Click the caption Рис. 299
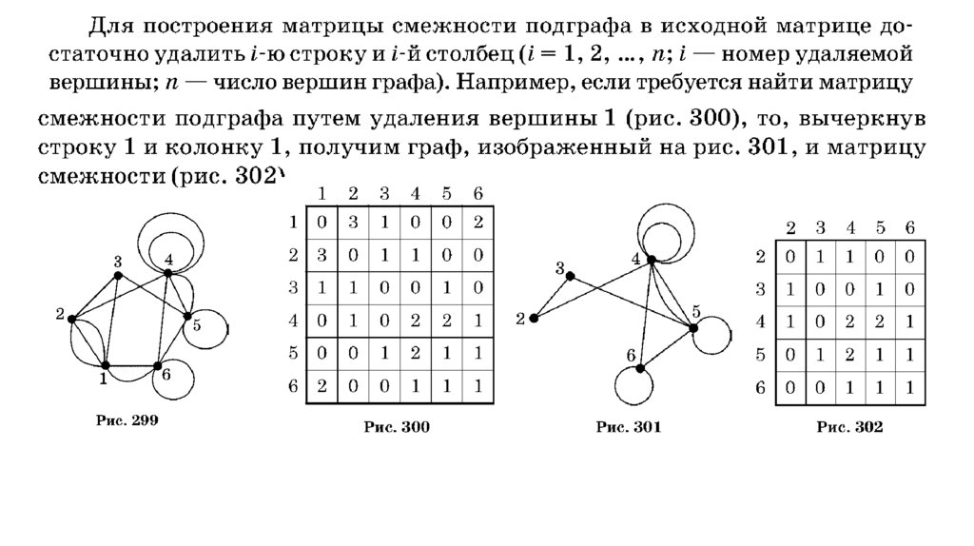click(126, 419)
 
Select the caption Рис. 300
click(397, 428)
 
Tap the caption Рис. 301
click(629, 428)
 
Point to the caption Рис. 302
click(849, 428)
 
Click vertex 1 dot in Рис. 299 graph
click(106, 365)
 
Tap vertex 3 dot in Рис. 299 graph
click(118, 275)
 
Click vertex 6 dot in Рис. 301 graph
click(641, 366)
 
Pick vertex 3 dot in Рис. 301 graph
click(571, 276)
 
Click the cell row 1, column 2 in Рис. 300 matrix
click(353, 224)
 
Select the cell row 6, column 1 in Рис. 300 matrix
click(321, 386)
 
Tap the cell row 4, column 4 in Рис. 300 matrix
click(415, 321)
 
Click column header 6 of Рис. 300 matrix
click(476, 193)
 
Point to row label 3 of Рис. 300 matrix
click(294, 288)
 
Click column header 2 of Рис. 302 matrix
click(789, 227)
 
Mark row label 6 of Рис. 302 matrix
click(759, 386)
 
